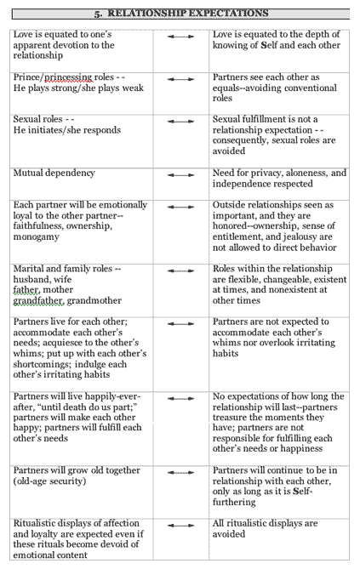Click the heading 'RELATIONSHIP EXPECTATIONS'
(188, 14)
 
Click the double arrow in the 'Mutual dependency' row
(180, 175)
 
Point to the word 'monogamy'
(36, 237)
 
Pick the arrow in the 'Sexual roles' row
(180, 122)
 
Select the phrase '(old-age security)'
(49, 481)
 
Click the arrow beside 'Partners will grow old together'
(180, 473)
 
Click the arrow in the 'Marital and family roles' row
(180, 270)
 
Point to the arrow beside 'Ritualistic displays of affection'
(180, 526)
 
